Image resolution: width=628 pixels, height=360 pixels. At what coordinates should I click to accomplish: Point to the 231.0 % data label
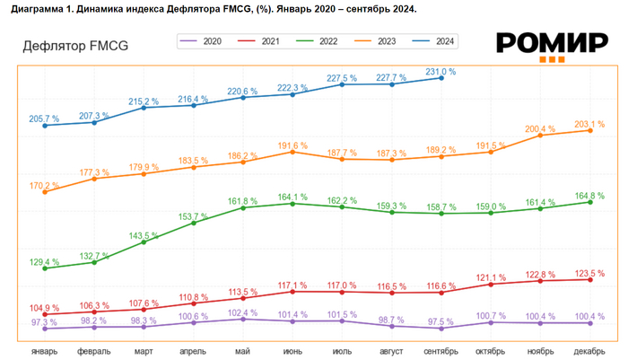(440, 71)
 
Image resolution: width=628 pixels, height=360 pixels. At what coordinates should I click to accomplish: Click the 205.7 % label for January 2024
(44, 119)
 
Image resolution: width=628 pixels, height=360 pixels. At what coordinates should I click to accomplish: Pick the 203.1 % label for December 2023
(589, 124)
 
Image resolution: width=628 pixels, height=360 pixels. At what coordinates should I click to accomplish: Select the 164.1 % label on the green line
(292, 197)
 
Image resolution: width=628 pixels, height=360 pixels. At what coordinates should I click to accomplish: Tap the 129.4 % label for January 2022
(44, 262)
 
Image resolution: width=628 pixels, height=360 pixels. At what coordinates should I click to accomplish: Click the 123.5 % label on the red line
(589, 272)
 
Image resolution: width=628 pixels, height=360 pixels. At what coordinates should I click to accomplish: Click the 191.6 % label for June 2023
(292, 145)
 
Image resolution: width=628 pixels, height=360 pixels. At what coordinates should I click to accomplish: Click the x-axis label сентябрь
(441, 351)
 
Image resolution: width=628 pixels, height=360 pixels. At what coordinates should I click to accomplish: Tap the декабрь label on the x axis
(589, 351)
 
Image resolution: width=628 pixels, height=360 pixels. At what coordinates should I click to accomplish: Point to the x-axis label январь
(45, 351)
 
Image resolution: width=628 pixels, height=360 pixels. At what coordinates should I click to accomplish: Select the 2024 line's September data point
(441, 78)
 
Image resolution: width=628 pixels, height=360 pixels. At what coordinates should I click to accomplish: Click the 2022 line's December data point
(589, 202)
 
